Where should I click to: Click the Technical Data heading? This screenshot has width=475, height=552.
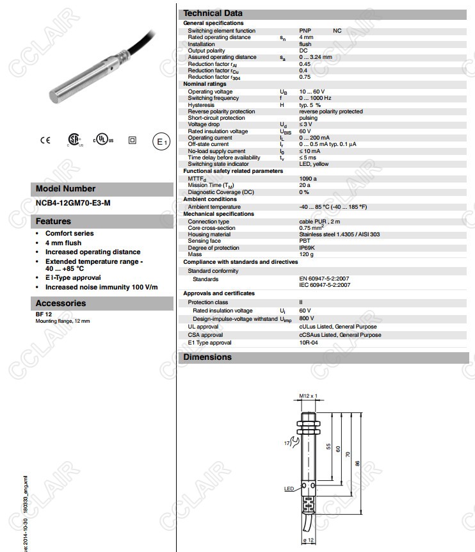point(213,13)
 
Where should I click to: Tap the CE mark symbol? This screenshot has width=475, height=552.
point(45,141)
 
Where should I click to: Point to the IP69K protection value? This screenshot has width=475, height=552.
point(308,248)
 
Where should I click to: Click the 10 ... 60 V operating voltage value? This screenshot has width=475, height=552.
point(312,92)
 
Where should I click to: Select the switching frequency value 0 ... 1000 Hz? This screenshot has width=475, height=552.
point(315,98)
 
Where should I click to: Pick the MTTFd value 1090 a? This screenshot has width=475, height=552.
point(308,179)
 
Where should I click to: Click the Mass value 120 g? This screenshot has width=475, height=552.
point(307,254)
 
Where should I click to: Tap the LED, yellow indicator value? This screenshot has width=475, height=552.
point(314,165)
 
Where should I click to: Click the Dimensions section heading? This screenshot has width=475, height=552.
point(207,357)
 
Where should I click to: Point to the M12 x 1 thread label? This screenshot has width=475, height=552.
point(309,396)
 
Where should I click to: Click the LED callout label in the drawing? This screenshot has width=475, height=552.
point(288,489)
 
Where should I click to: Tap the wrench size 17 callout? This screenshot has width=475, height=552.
point(287,443)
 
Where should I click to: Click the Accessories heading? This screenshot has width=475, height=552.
point(60,304)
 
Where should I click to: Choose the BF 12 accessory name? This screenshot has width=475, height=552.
point(44,314)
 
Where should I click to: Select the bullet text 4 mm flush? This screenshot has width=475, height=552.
point(63,243)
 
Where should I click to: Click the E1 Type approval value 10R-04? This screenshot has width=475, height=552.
point(309,343)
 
